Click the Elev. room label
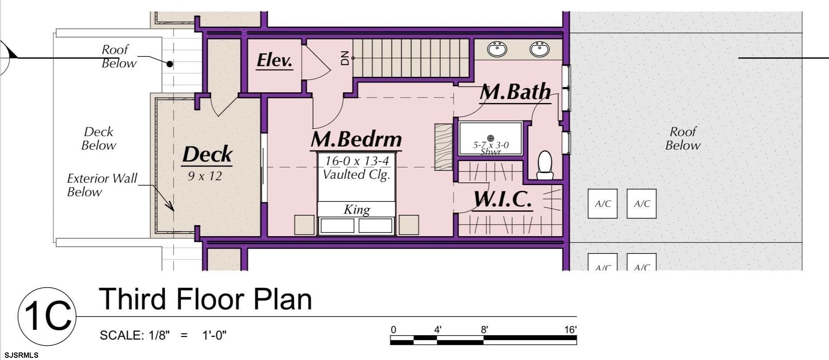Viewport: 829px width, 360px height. click(x=274, y=61)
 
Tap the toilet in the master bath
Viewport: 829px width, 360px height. click(x=545, y=165)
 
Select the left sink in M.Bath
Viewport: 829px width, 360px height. click(x=497, y=48)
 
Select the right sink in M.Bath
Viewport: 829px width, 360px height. click(x=539, y=48)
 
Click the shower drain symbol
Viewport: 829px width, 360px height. click(x=490, y=138)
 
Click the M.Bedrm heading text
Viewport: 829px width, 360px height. click(x=356, y=140)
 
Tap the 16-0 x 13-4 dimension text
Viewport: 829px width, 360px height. click(x=357, y=161)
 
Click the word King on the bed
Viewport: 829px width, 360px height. click(x=357, y=209)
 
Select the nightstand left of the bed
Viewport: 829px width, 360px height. click(x=304, y=225)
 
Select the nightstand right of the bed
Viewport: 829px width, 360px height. click(x=409, y=225)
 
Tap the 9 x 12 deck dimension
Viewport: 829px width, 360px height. click(x=205, y=176)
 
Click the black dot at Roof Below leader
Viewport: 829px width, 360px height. click(x=170, y=64)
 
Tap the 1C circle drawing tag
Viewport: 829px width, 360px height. click(x=47, y=316)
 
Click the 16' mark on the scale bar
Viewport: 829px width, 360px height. click(x=570, y=329)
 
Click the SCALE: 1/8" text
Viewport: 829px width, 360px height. click(x=135, y=335)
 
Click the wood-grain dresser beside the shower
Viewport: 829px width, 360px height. click(x=443, y=147)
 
